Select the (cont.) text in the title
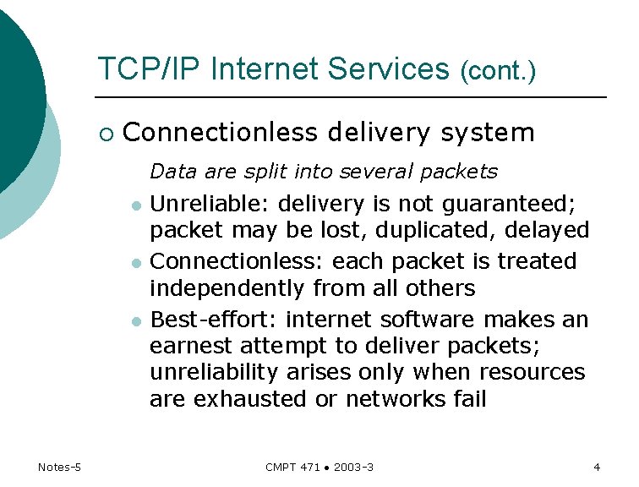(x=498, y=72)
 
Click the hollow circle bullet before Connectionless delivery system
(x=106, y=134)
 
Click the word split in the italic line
(x=266, y=172)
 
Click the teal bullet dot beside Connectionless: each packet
(x=135, y=264)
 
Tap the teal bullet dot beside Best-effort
(x=135, y=321)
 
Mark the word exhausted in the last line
(x=250, y=399)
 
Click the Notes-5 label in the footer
(x=59, y=467)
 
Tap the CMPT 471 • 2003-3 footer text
(x=319, y=467)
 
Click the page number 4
(x=597, y=467)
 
